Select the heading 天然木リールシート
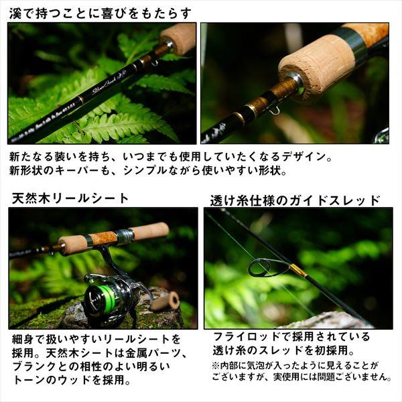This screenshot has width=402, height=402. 70,198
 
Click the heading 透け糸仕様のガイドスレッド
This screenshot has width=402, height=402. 295,200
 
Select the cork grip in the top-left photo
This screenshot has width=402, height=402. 178,38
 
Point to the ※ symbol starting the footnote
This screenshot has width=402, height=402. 216,365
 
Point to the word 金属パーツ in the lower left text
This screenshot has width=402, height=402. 147,352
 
